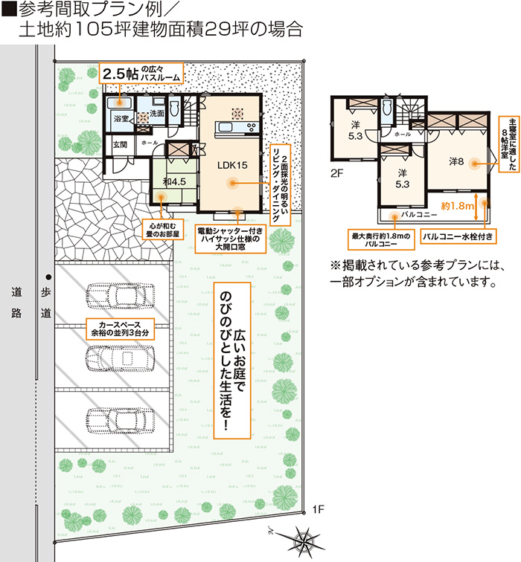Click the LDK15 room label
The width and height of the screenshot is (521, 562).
232,165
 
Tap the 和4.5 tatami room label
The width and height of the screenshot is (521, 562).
174,181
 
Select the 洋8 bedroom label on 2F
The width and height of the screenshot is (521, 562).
456,161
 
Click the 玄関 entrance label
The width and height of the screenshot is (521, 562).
120,144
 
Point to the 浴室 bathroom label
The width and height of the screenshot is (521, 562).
121,118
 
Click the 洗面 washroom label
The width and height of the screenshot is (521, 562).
157,113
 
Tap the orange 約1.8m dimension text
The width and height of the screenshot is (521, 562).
458,206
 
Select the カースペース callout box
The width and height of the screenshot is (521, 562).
120,329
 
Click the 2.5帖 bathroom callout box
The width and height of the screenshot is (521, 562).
141,74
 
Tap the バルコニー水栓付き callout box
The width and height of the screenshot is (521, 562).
458,236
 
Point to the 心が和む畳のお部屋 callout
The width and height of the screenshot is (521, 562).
163,230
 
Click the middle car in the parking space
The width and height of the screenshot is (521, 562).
121,359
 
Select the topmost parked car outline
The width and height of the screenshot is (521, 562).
121,297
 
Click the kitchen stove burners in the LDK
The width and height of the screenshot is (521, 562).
252,127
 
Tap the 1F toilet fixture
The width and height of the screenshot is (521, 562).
174,108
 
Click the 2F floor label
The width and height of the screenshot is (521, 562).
336,173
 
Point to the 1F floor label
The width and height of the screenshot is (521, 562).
318,509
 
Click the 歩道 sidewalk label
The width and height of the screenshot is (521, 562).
46,303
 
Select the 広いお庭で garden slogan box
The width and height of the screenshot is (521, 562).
232,361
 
